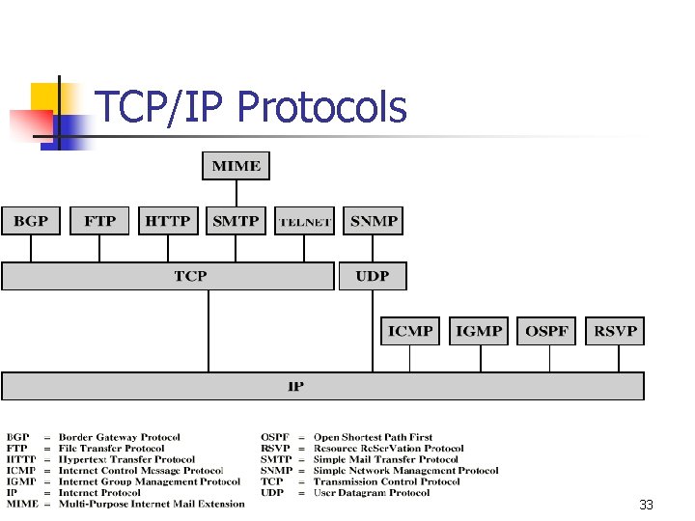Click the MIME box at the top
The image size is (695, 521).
click(236, 166)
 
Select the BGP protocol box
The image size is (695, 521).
click(31, 221)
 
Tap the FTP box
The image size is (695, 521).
click(99, 221)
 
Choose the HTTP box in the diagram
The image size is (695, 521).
click(168, 221)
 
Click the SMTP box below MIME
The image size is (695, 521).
click(236, 221)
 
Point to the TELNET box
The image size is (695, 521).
click(305, 221)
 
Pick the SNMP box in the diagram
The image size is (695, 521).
click(374, 221)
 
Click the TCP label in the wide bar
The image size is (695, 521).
click(190, 276)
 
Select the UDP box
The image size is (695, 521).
click(373, 276)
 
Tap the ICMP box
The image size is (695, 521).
click(410, 331)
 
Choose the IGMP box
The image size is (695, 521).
click(479, 331)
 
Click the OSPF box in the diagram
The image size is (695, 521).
click(547, 331)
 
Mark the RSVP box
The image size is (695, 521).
click(616, 331)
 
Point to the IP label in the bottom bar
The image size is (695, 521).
click(295, 386)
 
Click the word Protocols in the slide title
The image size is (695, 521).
click(321, 108)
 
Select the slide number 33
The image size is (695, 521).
click(646, 506)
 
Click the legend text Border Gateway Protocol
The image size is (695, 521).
click(119, 437)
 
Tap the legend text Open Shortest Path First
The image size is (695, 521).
click(373, 437)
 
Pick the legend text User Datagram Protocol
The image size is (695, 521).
click(371, 492)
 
